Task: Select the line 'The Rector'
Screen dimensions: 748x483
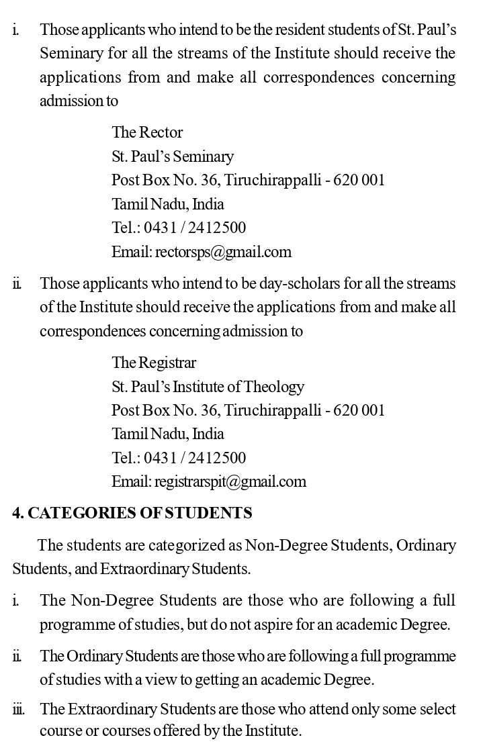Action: click(147, 132)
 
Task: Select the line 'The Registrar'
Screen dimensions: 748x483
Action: click(154, 363)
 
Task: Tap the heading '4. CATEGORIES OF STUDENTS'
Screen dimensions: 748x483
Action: click(132, 513)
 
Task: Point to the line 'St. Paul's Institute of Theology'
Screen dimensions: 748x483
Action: click(208, 387)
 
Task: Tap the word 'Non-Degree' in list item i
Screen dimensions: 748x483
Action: click(106, 600)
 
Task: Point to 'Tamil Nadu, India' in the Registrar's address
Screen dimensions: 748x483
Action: click(167, 434)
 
